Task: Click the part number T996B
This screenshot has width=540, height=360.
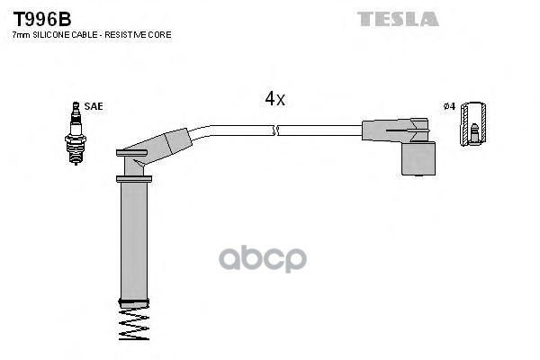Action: coord(42,19)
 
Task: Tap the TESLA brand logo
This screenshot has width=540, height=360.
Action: coord(398,19)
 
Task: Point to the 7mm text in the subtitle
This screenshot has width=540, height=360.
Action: coord(22,35)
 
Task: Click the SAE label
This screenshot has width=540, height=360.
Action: coord(94,106)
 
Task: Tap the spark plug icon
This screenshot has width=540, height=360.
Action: coord(76,133)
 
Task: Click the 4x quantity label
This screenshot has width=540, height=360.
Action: coord(274,99)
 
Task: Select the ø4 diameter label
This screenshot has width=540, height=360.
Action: coord(449,106)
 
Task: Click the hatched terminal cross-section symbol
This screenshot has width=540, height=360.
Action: coord(473,123)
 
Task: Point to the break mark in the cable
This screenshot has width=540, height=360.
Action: coord(275,130)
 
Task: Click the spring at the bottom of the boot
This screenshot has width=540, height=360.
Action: coord(134,324)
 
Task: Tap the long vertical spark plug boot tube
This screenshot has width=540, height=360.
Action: coord(134,241)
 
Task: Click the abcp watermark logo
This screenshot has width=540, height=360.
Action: coord(263,258)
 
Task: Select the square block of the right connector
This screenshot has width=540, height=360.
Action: coord(418,158)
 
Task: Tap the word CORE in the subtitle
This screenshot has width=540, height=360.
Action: coord(160,35)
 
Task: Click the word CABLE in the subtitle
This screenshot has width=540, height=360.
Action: coord(85,35)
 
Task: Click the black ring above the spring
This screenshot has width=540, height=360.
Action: coord(134,303)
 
